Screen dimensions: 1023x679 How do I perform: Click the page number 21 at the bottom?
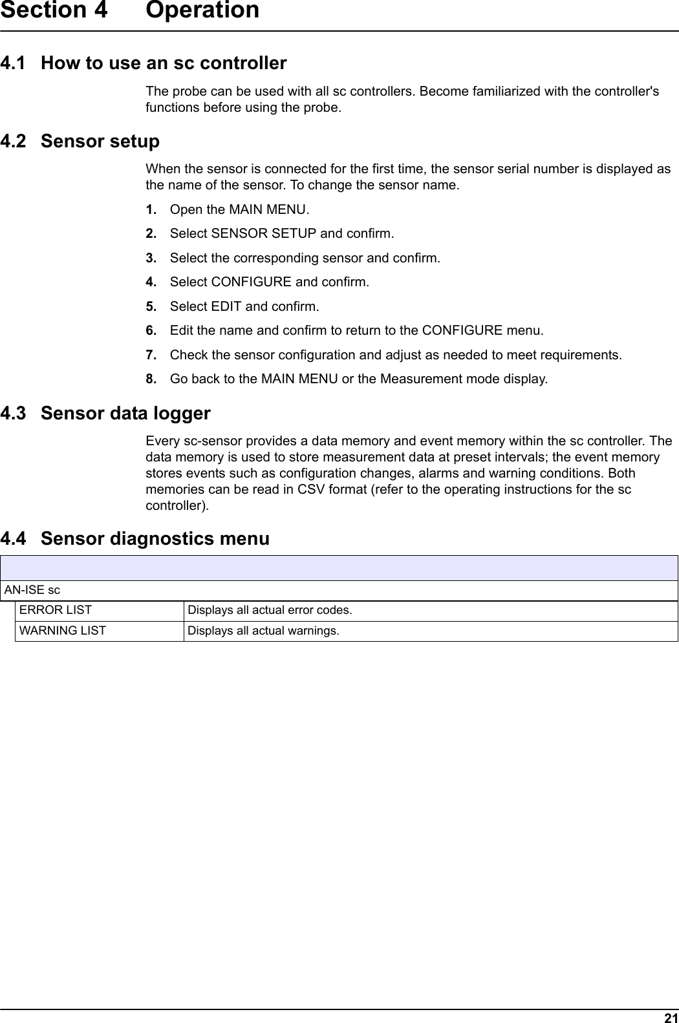pos(671,1017)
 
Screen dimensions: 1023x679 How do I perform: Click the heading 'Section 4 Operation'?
pos(129,11)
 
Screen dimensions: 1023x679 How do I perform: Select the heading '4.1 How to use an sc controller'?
pos(144,63)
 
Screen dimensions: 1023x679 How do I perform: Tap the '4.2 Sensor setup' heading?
pos(80,141)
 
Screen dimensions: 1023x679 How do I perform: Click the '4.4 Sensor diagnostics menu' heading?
pos(135,538)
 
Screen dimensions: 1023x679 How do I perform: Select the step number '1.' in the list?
pos(151,209)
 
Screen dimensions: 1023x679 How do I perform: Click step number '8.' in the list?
pos(151,379)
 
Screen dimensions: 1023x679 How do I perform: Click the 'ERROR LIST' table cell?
pos(56,610)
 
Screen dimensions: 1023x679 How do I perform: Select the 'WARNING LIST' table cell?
pos(63,630)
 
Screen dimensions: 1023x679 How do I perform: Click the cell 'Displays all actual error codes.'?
pos(270,610)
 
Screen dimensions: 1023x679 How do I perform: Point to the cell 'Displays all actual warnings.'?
pos(263,630)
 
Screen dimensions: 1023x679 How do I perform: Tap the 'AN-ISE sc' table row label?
pos(32,590)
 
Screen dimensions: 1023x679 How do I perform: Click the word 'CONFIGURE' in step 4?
pos(251,282)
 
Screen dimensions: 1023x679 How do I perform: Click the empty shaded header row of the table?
pos(339,568)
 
